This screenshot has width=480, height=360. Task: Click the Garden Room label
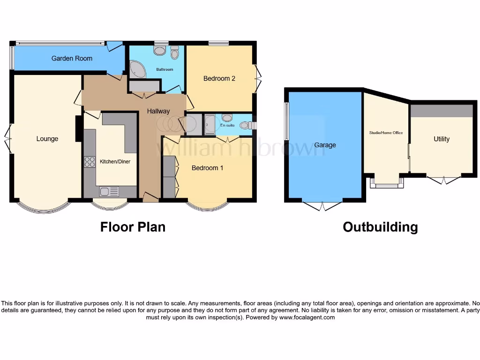(x=72, y=59)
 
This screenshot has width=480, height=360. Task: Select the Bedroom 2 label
(x=219, y=78)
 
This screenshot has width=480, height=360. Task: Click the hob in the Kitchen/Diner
(x=89, y=162)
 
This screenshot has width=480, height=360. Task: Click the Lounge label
(x=47, y=139)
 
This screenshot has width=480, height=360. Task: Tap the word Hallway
(x=158, y=111)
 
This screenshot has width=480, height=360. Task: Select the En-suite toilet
(x=244, y=125)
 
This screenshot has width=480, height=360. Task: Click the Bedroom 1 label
(x=208, y=168)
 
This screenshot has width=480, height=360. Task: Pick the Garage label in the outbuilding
(x=325, y=145)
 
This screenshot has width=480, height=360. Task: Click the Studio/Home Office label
(x=386, y=133)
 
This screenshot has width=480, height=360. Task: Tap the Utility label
(x=441, y=139)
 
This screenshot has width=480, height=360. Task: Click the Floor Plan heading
(x=133, y=227)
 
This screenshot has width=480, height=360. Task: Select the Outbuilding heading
(x=380, y=227)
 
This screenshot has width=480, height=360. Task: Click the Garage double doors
(x=322, y=205)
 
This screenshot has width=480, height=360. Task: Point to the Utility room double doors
(x=443, y=180)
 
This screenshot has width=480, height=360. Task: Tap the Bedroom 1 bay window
(x=208, y=206)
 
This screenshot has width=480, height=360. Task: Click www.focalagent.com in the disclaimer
(x=307, y=317)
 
